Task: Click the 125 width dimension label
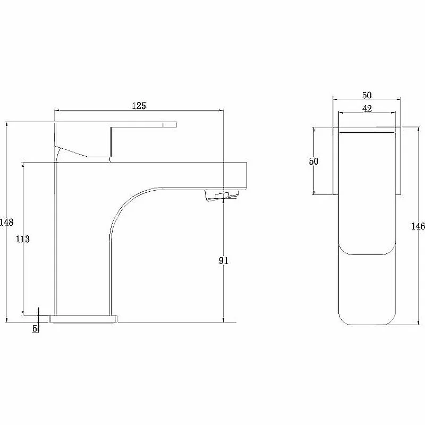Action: [x=139, y=106]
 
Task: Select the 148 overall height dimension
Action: [x=6, y=222]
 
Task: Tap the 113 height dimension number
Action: [x=23, y=239]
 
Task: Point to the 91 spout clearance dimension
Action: [x=223, y=261]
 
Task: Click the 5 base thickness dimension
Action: [x=35, y=328]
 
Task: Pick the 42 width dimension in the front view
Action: [x=367, y=109]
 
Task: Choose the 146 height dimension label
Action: [x=418, y=226]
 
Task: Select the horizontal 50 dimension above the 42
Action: [x=367, y=96]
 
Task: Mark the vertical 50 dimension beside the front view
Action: [x=313, y=161]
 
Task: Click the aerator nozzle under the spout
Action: [x=222, y=195]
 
